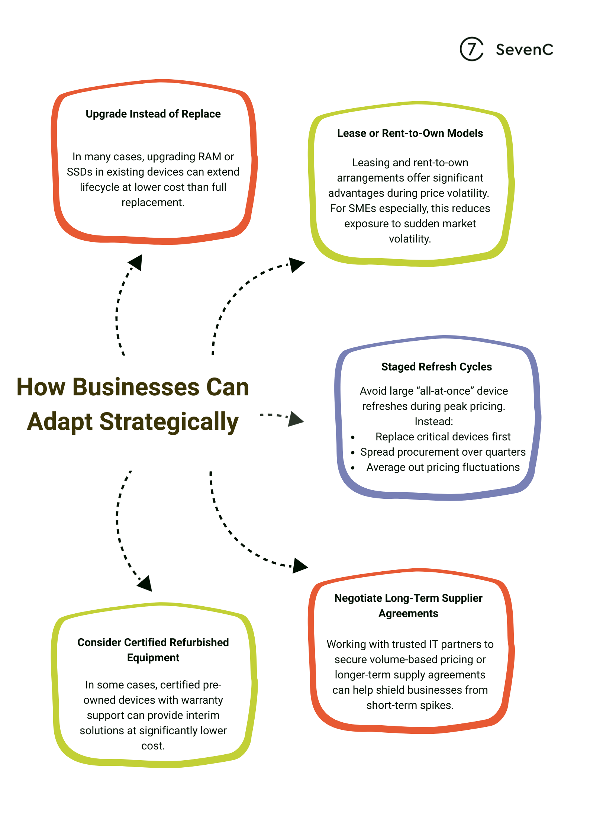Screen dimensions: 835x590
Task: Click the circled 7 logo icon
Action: click(471, 49)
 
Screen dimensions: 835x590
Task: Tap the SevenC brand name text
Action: click(524, 49)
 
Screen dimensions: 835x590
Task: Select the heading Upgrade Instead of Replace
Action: click(153, 114)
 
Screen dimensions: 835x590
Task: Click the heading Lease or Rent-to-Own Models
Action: click(410, 133)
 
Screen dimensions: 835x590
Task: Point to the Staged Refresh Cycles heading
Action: click(436, 367)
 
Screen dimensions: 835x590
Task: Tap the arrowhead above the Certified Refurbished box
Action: click(146, 584)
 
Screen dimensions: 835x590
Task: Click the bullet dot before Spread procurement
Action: click(353, 453)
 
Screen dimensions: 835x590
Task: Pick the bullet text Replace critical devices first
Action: click(443, 437)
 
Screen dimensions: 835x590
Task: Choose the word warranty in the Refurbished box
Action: click(202, 700)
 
